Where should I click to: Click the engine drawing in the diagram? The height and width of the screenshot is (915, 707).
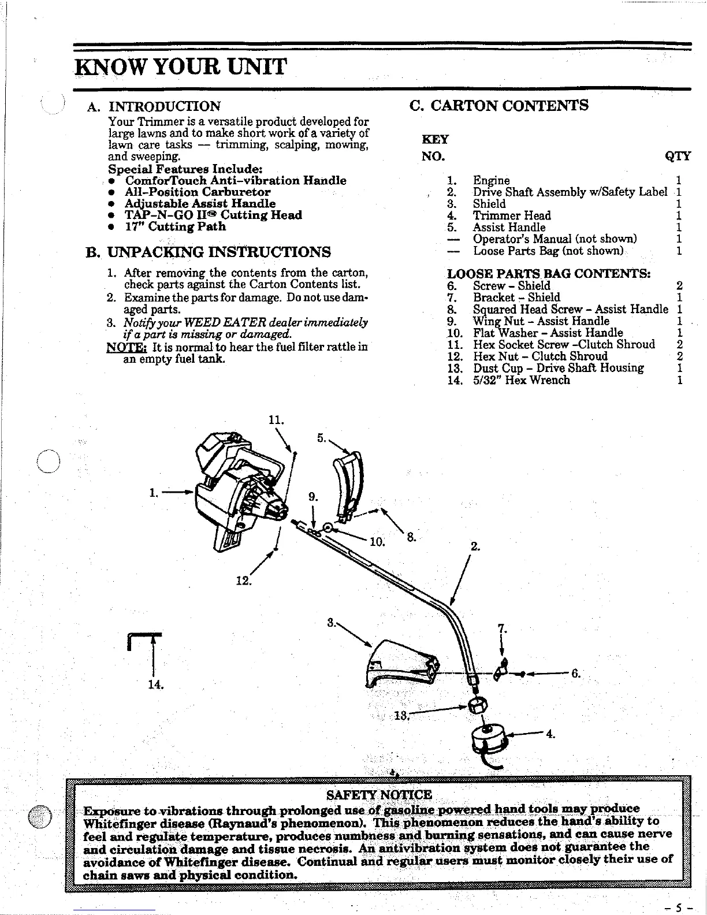tap(237, 491)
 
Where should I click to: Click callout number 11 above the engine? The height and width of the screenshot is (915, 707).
tap(276, 419)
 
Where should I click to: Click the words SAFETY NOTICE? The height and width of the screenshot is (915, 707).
tap(379, 795)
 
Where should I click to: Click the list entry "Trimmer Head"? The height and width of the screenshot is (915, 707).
tap(512, 215)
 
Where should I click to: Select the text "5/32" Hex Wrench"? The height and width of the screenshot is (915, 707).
tap(521, 380)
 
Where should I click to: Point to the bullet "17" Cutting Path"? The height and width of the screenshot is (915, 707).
tap(175, 226)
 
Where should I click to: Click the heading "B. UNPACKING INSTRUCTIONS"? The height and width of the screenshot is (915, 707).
tap(208, 252)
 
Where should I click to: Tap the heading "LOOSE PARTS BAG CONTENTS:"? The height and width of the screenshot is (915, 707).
tap(549, 273)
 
